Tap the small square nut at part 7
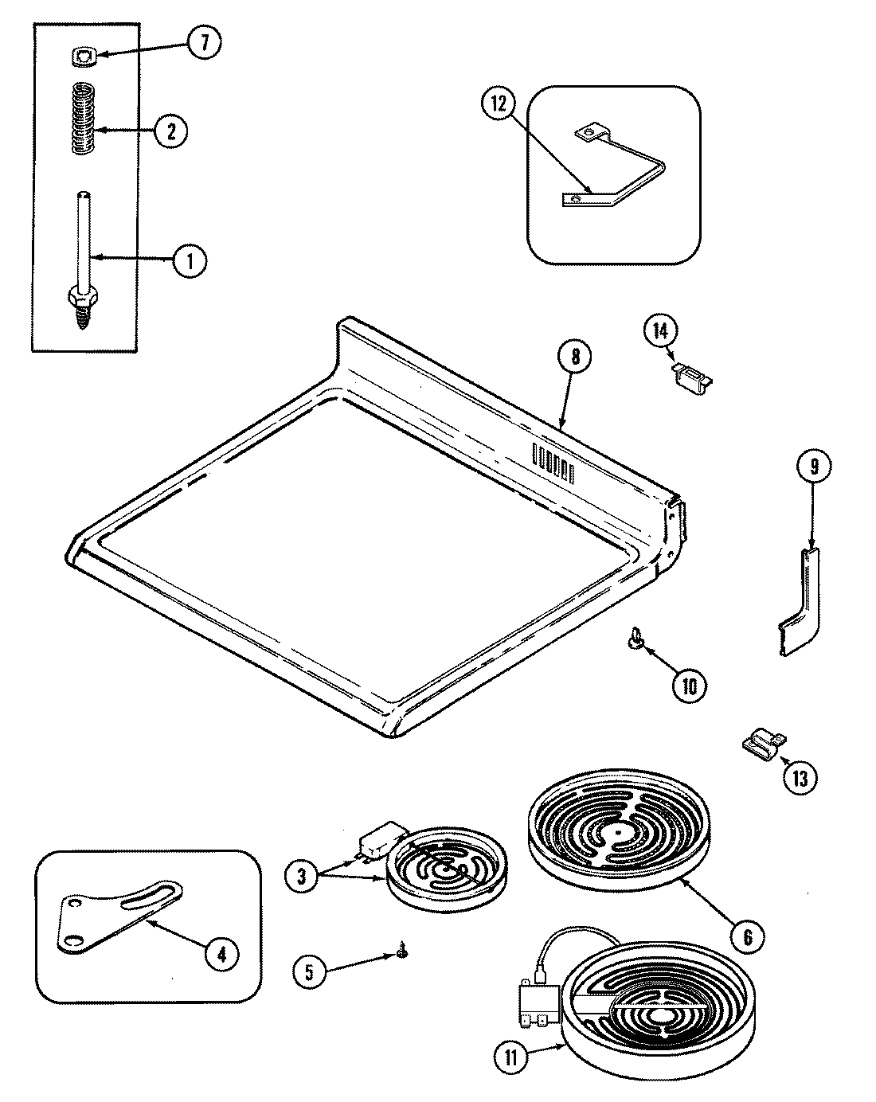(x=82, y=56)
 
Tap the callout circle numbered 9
(x=811, y=467)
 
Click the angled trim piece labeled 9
(x=798, y=605)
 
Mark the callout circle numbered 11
(x=510, y=1057)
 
